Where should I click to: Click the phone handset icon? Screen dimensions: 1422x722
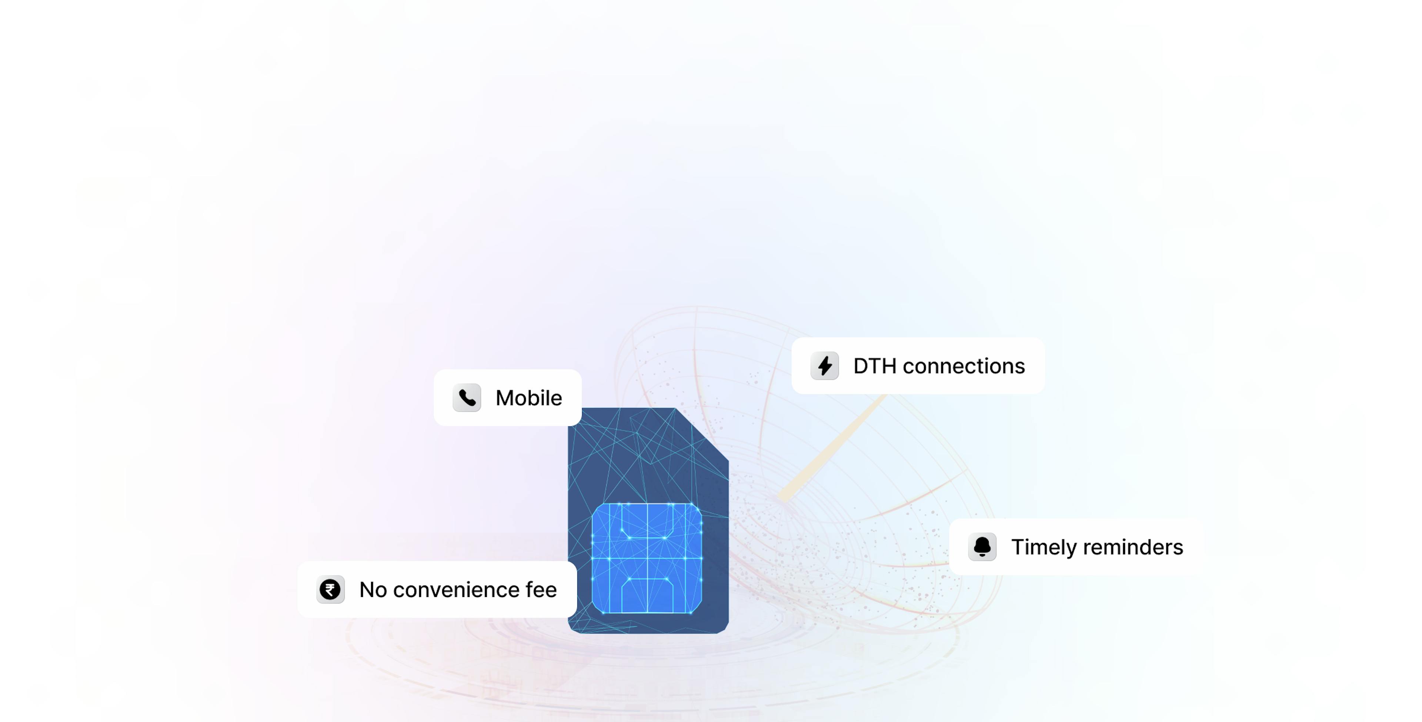coord(467,398)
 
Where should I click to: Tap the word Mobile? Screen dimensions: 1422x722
coord(528,398)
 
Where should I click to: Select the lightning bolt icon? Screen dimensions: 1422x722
coord(825,366)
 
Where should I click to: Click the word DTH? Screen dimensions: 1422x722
coord(874,366)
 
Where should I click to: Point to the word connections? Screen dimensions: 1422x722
coord(964,366)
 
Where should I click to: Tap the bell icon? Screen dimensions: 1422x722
coord(982,547)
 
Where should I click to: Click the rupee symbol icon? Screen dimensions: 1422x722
coord(330,590)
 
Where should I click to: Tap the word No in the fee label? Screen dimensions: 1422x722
coord(373,590)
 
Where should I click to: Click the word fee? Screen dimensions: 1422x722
coord(541,590)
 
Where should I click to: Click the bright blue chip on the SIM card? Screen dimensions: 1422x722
coord(647,558)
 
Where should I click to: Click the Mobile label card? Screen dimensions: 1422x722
coord(507,398)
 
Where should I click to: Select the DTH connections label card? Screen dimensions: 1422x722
coord(918,366)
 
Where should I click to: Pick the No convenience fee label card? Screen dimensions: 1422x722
coord(437,590)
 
